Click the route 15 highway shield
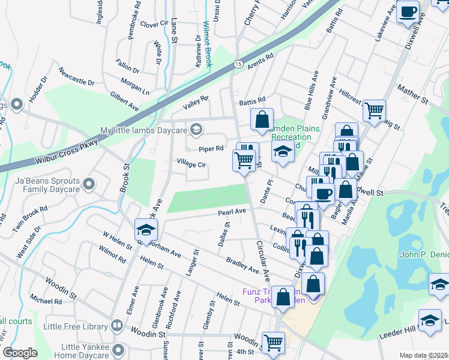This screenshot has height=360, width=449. [238, 64]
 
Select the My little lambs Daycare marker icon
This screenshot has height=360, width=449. [196, 130]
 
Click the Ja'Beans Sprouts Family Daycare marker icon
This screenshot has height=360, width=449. [89, 184]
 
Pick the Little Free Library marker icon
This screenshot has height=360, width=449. [118, 328]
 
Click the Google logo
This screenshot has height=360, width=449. [20, 353]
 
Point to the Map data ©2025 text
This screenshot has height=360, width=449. [423, 355]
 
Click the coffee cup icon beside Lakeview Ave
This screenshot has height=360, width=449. [408, 12]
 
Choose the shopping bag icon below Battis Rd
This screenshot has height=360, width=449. [262, 120]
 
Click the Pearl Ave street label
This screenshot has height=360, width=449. [232, 212]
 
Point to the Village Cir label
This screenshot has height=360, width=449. [191, 163]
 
